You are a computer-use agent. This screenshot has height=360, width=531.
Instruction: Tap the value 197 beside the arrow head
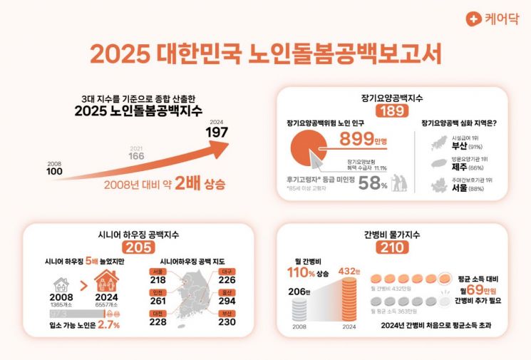tap(217, 133)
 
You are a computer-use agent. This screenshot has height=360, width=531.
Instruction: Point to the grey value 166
tap(136, 155)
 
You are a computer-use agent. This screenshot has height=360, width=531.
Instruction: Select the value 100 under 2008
tap(55, 172)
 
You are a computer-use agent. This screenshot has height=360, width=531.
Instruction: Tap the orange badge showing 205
tap(138, 247)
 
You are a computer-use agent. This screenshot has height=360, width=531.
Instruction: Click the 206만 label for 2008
tap(300, 292)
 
